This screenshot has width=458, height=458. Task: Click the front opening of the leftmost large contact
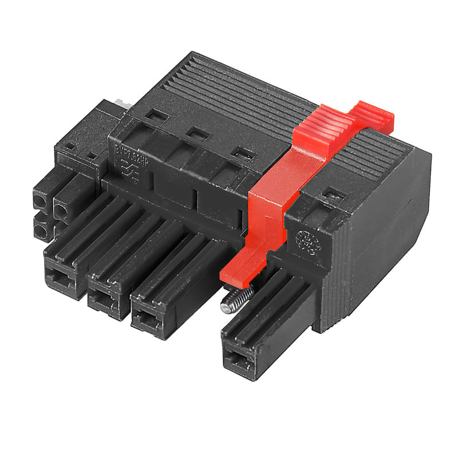(x=60, y=279)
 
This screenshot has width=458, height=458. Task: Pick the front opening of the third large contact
(x=146, y=318)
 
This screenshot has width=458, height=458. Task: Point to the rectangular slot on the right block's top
(x=332, y=196)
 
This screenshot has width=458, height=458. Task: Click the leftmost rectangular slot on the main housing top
(x=153, y=116)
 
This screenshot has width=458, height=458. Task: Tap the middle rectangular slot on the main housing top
(x=198, y=135)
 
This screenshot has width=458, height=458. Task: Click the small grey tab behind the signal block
(x=120, y=103)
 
